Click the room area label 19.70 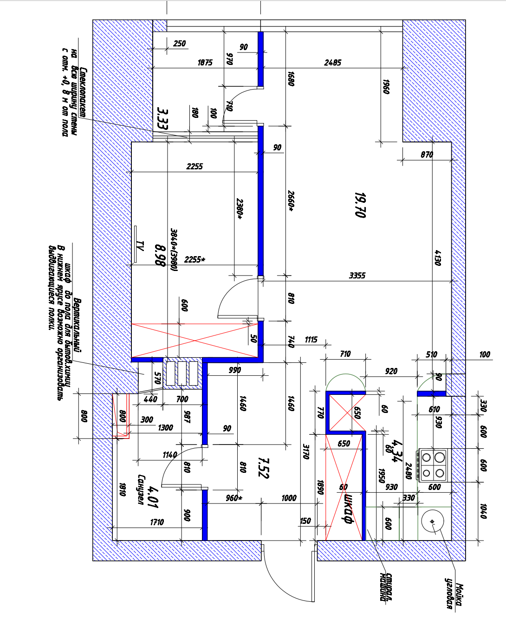(x=360, y=205)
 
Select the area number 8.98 (x=160, y=256)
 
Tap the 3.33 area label (x=162, y=118)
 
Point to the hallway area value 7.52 (x=263, y=467)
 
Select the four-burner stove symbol (x=432, y=465)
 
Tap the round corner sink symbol (x=433, y=521)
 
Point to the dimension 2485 (x=332, y=63)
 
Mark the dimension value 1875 (x=205, y=63)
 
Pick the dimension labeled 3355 (x=357, y=276)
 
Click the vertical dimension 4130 (x=438, y=258)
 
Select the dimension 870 (x=427, y=155)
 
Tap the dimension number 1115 (x=311, y=340)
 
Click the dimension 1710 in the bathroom (x=157, y=522)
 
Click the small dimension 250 (x=179, y=44)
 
